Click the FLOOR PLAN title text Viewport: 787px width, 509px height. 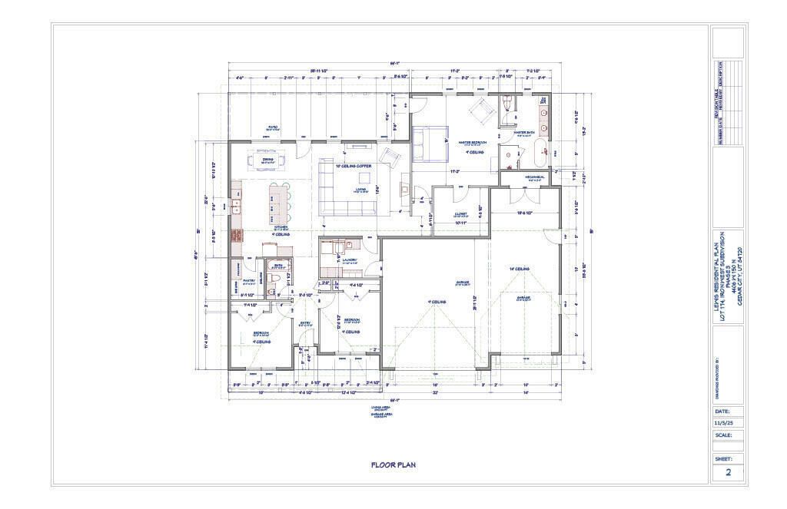(x=393, y=464)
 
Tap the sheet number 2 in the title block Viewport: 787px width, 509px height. (x=727, y=473)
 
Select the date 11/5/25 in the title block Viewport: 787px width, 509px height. (x=723, y=421)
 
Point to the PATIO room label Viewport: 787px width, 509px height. (x=272, y=127)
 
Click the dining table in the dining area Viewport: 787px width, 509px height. (x=267, y=161)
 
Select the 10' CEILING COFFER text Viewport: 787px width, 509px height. (x=352, y=166)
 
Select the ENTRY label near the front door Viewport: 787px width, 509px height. (x=304, y=322)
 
